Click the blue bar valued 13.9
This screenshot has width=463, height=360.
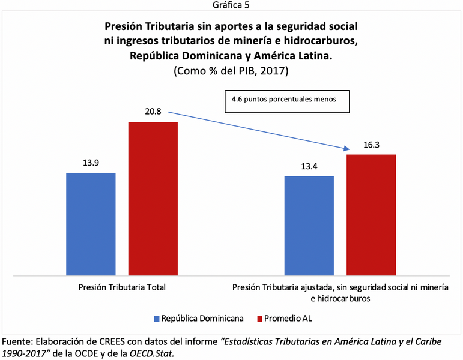(91, 224)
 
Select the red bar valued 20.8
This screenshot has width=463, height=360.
(153, 199)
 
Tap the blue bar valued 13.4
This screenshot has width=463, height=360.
(309, 226)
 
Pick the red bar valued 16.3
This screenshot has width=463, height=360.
(371, 215)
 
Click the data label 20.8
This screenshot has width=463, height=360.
(153, 112)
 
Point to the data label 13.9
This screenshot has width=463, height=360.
(91, 163)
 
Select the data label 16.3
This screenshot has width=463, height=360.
(371, 145)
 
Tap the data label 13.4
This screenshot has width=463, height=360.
(309, 166)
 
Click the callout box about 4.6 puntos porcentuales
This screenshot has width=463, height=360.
(287, 101)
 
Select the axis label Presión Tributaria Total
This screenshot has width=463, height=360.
(122, 287)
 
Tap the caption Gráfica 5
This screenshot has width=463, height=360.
(231, 5)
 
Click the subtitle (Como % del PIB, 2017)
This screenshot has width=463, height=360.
(231, 71)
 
